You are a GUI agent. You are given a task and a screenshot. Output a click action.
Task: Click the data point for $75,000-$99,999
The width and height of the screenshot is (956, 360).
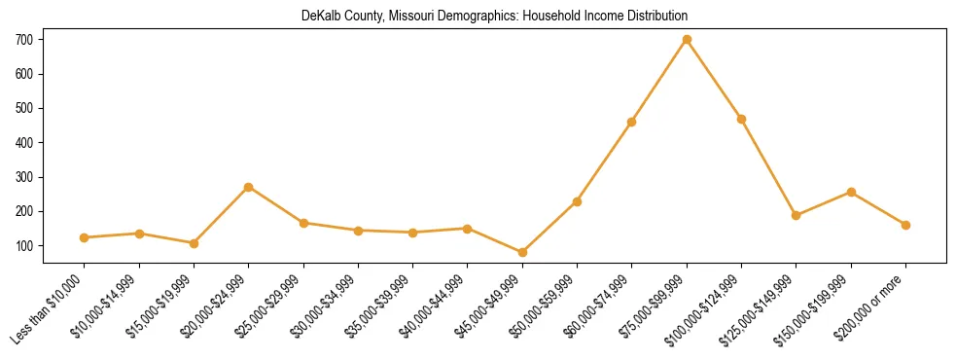pos(687,40)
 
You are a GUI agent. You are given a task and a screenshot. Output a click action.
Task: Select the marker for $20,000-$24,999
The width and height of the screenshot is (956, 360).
pos(249,187)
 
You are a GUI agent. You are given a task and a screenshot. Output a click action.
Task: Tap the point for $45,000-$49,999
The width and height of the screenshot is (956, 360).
pos(522,252)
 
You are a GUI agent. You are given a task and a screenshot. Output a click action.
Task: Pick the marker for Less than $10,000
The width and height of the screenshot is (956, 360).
pos(85,237)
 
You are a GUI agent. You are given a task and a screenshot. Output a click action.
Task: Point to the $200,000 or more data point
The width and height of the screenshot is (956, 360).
pos(905,225)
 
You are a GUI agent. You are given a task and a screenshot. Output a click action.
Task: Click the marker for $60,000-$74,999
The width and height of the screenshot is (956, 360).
pos(632,122)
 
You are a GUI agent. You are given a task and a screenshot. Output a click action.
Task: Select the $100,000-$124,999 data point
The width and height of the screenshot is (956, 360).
pos(741,119)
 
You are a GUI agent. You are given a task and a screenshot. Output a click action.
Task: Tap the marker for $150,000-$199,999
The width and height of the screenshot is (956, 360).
pos(851,192)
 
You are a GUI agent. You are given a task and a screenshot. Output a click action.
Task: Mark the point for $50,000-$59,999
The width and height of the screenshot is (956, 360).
pos(577,201)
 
